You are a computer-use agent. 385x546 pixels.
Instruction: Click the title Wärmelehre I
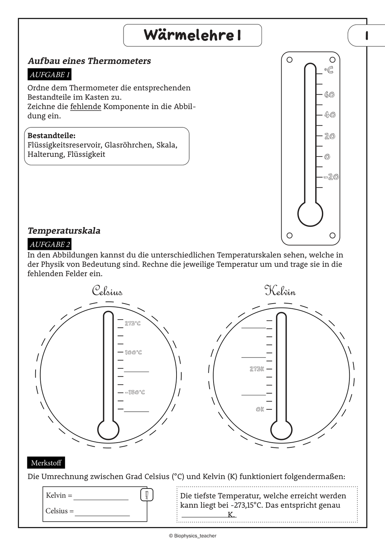tap(192, 35)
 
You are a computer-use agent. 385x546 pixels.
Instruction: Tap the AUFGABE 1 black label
tap(49, 75)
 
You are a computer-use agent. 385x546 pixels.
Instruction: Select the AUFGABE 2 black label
tap(49, 244)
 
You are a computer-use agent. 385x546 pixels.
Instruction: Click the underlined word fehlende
tap(86, 107)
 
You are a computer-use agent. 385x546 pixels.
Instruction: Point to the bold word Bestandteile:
tap(52, 136)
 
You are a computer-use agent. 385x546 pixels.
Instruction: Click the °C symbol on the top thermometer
tap(329, 70)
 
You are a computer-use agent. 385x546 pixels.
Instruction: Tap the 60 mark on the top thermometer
tap(329, 95)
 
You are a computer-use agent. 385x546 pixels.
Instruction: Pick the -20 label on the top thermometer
tap(331, 177)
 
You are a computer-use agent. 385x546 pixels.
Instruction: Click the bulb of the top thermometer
tap(310, 214)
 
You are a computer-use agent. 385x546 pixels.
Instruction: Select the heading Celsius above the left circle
tap(107, 291)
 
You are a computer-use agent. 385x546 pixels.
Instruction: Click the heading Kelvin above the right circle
tap(280, 291)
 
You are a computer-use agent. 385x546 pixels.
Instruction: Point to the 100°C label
tap(133, 352)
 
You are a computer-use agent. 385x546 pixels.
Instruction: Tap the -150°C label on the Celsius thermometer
tap(135, 392)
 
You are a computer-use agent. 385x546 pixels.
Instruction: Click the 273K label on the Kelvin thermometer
tap(257, 369)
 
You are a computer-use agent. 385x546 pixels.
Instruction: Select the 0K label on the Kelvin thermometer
tap(260, 409)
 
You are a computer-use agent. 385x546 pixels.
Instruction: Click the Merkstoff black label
tap(46, 463)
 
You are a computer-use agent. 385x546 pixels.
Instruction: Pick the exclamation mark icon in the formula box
tap(147, 495)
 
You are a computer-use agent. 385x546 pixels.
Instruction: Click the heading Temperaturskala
tap(64, 231)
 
